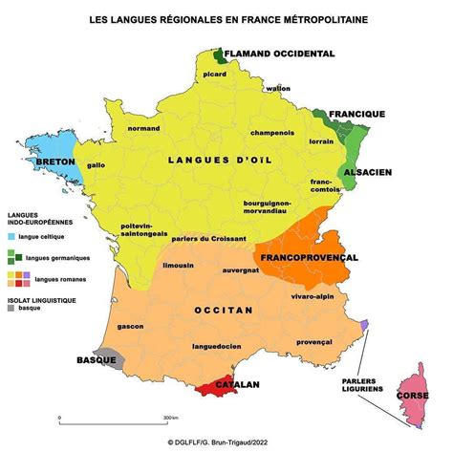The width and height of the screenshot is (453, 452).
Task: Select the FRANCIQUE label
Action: tap(356, 114)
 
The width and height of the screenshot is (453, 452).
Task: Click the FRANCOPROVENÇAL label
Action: tap(306, 258)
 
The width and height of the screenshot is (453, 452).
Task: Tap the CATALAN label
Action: tap(239, 384)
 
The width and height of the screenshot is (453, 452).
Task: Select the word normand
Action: tap(144, 128)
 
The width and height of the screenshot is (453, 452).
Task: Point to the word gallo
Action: tap(97, 164)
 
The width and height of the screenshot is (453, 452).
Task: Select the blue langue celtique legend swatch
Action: tap(12, 235)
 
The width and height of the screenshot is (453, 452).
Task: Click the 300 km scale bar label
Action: tap(171, 419)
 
